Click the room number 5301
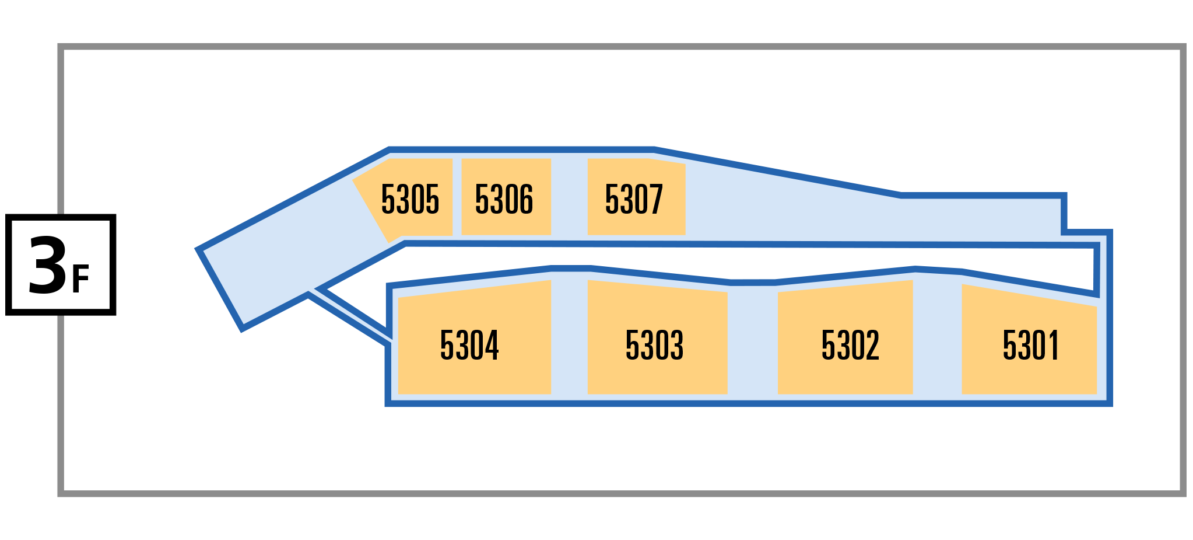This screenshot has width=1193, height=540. point(1030,345)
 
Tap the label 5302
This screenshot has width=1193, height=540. point(850,345)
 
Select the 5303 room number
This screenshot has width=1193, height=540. point(654,345)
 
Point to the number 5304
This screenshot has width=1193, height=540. point(469,345)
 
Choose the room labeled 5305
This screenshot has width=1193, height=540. point(410,199)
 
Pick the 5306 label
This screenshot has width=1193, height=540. point(504,199)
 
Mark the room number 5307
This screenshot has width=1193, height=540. point(634,199)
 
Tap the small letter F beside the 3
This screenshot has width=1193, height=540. point(80,279)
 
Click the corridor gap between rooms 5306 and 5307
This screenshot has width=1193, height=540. point(569,197)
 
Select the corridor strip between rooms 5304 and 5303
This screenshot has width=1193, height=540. point(569,337)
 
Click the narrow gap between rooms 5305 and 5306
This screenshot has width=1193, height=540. point(457,197)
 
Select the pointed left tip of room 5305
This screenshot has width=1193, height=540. point(353,180)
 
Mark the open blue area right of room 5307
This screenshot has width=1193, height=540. point(863,216)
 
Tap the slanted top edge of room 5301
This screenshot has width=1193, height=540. point(1029,295)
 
